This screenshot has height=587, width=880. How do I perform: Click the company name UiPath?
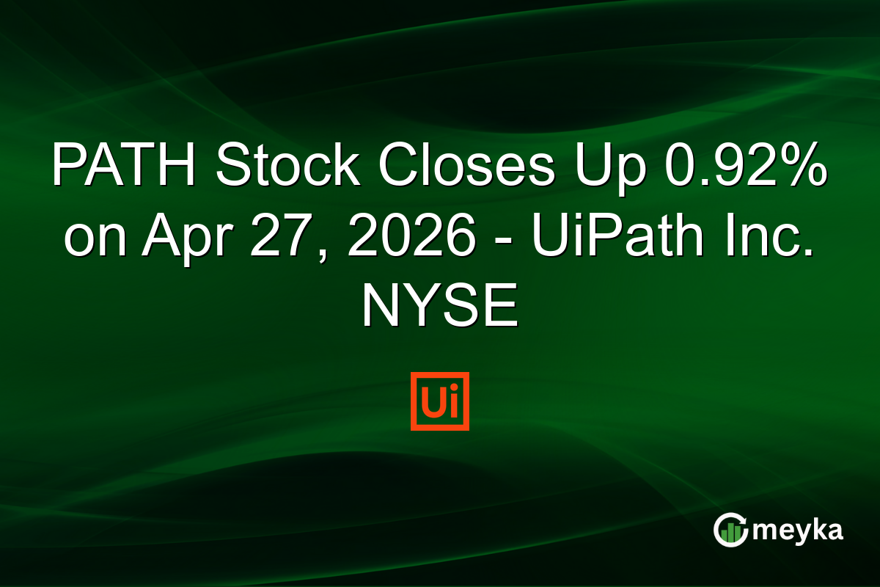point(594,236)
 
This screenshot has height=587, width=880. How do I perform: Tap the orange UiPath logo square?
point(440,401)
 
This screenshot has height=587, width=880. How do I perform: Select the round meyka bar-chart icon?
point(731,530)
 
